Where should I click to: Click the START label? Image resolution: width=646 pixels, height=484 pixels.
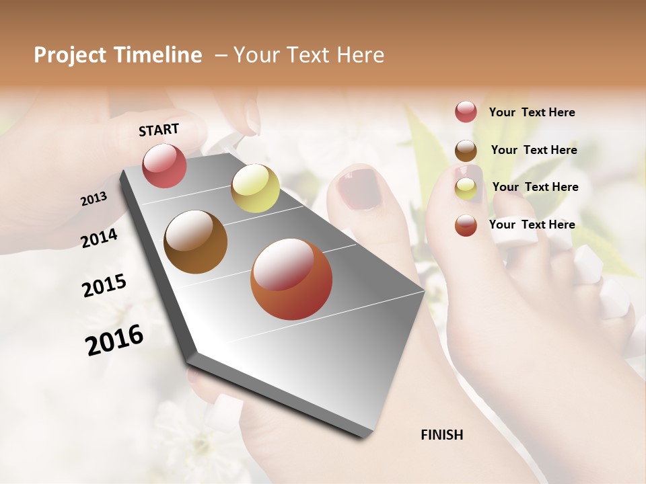[159, 130]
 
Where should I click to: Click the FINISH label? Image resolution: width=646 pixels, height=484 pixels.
[442, 435]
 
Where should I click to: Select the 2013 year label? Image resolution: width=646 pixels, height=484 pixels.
[94, 199]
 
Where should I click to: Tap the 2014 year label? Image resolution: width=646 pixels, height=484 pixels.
[100, 238]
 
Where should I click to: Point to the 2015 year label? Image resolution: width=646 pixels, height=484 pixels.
[104, 285]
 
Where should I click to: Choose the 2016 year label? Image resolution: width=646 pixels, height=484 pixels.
[114, 339]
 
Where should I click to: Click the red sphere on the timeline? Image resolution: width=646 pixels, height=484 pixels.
[165, 165]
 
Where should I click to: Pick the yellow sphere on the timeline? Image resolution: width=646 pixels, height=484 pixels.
[255, 188]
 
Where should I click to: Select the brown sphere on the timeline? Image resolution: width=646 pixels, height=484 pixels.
[196, 241]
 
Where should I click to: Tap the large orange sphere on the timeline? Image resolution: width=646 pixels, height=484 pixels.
[291, 279]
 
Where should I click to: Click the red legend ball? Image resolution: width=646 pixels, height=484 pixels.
[466, 112]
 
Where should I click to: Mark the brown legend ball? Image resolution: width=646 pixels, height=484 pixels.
[466, 151]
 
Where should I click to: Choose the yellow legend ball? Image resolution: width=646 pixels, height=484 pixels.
[466, 188]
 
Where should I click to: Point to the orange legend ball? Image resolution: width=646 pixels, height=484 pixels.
[466, 225]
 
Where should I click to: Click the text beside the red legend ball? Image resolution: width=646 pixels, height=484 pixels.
[532, 112]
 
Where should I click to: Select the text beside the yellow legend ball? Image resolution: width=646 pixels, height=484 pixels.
[536, 187]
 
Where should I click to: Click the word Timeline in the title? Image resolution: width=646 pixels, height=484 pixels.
[159, 55]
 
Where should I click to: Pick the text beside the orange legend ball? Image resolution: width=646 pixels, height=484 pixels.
[532, 225]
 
